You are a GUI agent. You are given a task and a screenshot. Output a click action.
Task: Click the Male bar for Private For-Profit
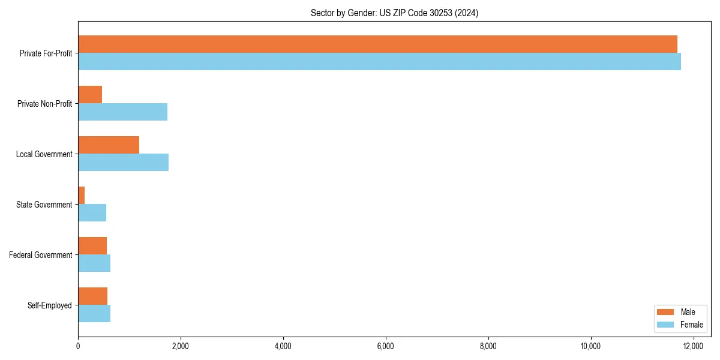coord(377,44)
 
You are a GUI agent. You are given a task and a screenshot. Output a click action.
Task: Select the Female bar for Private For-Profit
coord(379,62)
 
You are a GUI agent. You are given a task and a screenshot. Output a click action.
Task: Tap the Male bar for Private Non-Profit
coord(90,95)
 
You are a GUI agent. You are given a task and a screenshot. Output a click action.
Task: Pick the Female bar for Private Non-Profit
coord(122,112)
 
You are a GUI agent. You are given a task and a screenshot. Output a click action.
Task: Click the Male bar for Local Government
coord(109,145)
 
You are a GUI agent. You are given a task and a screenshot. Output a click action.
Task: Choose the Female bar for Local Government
coord(123,163)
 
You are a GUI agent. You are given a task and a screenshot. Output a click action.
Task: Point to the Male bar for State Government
coord(82,196)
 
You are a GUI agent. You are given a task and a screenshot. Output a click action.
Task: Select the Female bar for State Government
coord(92,213)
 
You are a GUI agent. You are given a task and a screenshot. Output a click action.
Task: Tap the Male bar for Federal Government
coord(92,246)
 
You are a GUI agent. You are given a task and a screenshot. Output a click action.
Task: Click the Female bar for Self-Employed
coord(94,314)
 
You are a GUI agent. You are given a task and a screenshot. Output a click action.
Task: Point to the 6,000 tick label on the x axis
coord(386,346)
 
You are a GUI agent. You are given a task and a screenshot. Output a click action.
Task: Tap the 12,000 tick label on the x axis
coord(694,346)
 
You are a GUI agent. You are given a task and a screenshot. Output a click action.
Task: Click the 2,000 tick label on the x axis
coord(181,346)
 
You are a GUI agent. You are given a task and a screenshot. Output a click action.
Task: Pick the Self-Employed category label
coord(50,305)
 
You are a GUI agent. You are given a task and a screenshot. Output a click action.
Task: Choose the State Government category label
coord(44,205)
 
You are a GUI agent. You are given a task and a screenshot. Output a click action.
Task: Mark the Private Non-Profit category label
coord(44,104)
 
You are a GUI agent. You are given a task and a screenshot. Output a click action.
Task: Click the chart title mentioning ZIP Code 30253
coord(394,13)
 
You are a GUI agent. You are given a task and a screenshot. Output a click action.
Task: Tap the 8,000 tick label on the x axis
coord(488,346)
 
